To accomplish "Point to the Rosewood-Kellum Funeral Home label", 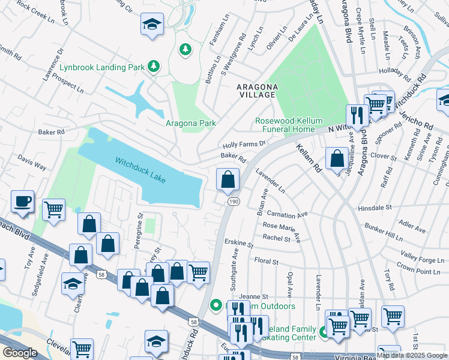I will click(285, 125).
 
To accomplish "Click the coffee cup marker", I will click(23, 202).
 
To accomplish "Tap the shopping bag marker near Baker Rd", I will click(228, 179).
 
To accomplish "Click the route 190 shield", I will click(233, 202).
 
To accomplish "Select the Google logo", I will click(20, 353).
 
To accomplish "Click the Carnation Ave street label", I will click(287, 214).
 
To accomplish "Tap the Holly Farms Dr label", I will click(244, 145).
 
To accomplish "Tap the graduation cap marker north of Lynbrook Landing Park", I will click(152, 25).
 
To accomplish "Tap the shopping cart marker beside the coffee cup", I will click(54, 211).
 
